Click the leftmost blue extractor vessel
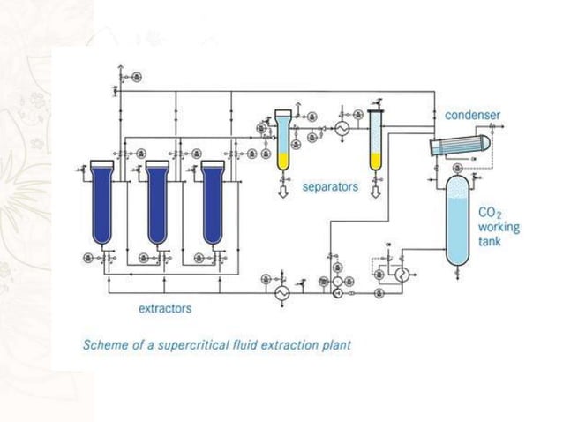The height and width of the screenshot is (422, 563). pos(102,202)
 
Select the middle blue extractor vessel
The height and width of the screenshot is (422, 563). pos(158,202)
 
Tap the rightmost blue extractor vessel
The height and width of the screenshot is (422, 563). pos(213,202)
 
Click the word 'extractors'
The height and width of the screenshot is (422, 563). pos(165,308)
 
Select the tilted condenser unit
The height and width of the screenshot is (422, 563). pos(459,145)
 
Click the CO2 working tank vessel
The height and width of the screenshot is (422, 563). pos(458,220)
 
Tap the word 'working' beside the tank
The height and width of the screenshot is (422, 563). pos(499,228)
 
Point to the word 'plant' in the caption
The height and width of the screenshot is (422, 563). pos(335,344)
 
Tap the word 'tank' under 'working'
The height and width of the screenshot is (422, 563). pos(490,241)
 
